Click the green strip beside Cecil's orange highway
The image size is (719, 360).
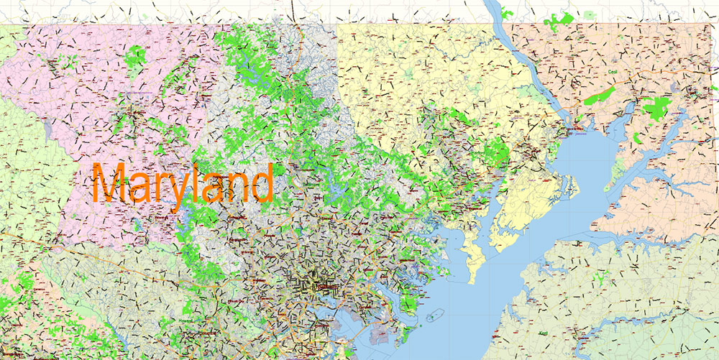[x=598, y=95]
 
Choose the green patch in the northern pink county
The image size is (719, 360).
[x=134, y=57]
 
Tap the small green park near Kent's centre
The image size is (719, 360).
[x=599, y=276]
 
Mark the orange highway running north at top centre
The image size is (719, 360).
[x=293, y=11]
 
